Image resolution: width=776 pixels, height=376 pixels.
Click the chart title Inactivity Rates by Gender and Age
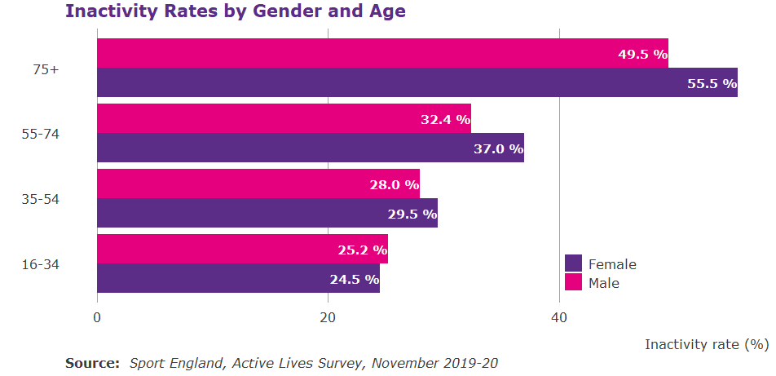click(x=235, y=12)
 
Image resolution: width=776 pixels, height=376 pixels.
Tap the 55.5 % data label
click(x=712, y=83)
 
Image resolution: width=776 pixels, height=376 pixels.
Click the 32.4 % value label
click(x=445, y=119)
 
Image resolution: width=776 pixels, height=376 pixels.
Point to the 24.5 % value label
click(x=354, y=279)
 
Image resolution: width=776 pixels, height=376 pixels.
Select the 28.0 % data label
click(x=394, y=184)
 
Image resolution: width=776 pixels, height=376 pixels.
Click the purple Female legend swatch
click(x=573, y=263)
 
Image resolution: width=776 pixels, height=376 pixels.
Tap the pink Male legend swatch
click(x=573, y=282)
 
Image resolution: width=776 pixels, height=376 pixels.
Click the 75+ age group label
click(x=46, y=69)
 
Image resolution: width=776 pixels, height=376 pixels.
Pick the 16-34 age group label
click(x=40, y=264)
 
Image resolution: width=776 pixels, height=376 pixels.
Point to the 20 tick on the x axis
click(x=328, y=319)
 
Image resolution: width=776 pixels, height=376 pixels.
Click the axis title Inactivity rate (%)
click(x=707, y=344)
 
